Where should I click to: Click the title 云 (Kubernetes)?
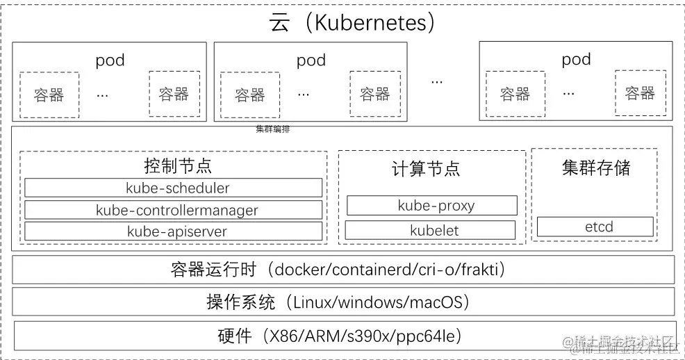[x=352, y=22]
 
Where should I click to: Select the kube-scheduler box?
[x=174, y=188]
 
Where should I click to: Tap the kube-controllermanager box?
[x=174, y=210]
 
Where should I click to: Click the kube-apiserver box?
[x=174, y=231]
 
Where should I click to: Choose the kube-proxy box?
[x=431, y=206]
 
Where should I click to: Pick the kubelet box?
[x=430, y=231]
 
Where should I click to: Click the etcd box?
[x=595, y=227]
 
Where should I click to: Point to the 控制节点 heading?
[x=178, y=166]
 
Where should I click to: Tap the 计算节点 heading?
[x=426, y=169]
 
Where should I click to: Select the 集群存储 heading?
[x=596, y=167]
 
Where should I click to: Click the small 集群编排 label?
[x=268, y=129]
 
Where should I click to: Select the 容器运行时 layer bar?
[x=343, y=270]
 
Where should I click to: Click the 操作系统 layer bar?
[x=343, y=302]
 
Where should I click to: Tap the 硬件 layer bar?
[x=343, y=337]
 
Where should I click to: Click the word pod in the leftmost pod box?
[x=110, y=60]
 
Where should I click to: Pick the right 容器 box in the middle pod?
[x=374, y=94]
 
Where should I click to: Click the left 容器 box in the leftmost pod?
[x=49, y=95]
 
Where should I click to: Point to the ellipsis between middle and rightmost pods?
[x=436, y=81]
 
